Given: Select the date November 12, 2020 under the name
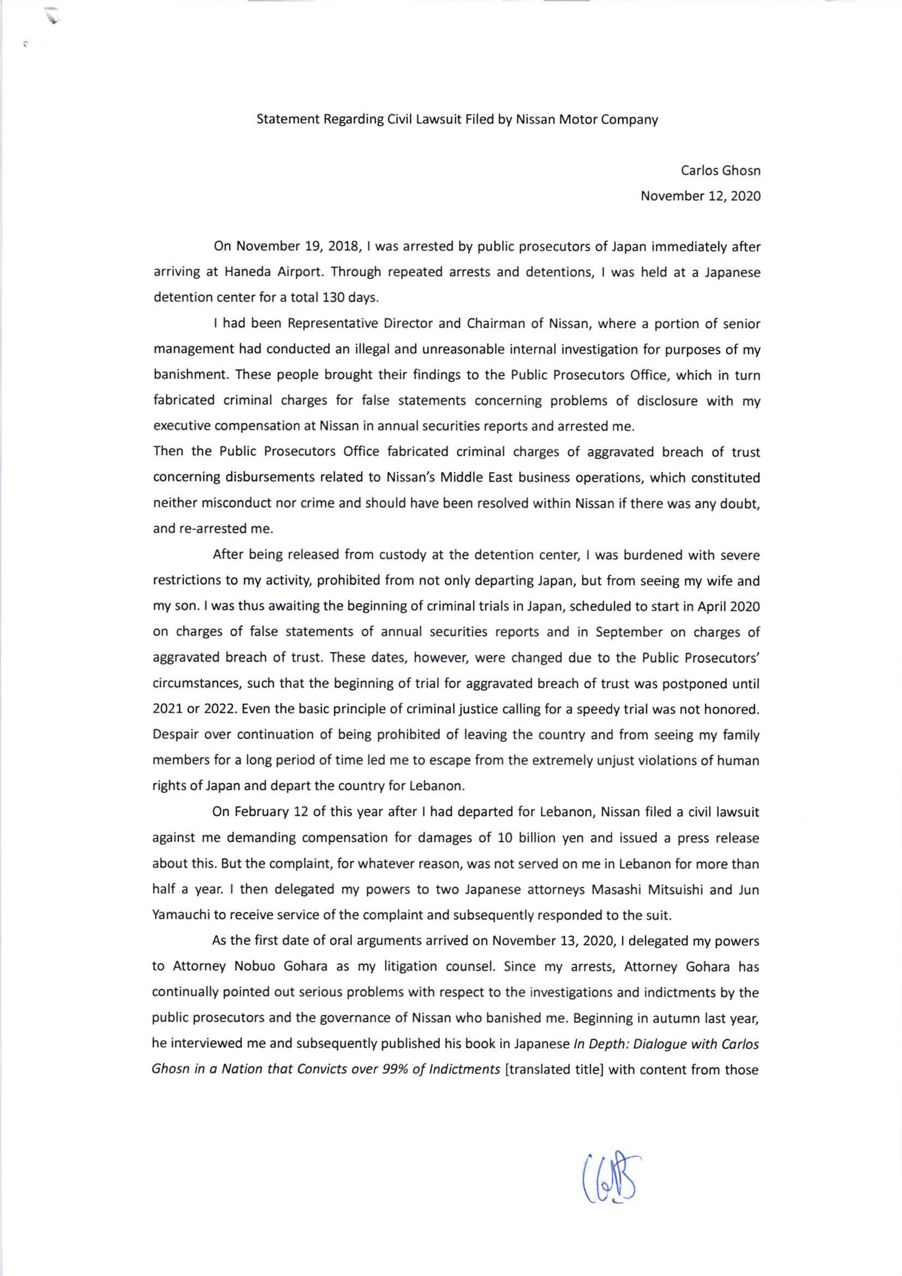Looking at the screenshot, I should pos(700,196).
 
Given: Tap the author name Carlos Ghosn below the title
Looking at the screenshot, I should pos(720,171).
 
